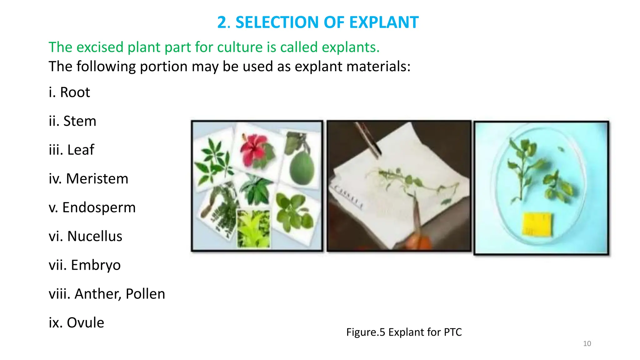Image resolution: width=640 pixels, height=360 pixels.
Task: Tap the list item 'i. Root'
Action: pyautogui.click(x=69, y=92)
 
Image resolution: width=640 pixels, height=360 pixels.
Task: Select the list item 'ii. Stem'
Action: pyautogui.click(x=72, y=121)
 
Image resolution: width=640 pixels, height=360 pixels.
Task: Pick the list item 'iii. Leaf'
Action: pyautogui.click(x=71, y=150)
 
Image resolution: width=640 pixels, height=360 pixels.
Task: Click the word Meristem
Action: pyautogui.click(x=97, y=179)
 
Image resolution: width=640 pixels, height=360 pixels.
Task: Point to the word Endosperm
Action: pyautogui.click(x=99, y=207)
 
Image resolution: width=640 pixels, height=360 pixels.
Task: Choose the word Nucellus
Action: pyautogui.click(x=95, y=236)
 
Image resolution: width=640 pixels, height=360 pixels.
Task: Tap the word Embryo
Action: pyautogui.click(x=96, y=265)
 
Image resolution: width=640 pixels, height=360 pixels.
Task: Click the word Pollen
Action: pyautogui.click(x=145, y=294)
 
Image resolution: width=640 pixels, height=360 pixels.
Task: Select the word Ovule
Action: pyautogui.click(x=85, y=322)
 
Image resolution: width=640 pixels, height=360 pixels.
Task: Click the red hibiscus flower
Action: pyautogui.click(x=255, y=148)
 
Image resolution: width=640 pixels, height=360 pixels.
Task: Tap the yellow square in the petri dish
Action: pyautogui.click(x=537, y=224)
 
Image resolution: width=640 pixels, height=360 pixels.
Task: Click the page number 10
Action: pyautogui.click(x=587, y=343)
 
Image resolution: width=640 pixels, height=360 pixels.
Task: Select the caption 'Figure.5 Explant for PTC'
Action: pyautogui.click(x=404, y=332)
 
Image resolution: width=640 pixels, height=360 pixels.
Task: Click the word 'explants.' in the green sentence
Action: pyautogui.click(x=351, y=47)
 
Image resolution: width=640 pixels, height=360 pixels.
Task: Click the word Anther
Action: pyautogui.click(x=98, y=294)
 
